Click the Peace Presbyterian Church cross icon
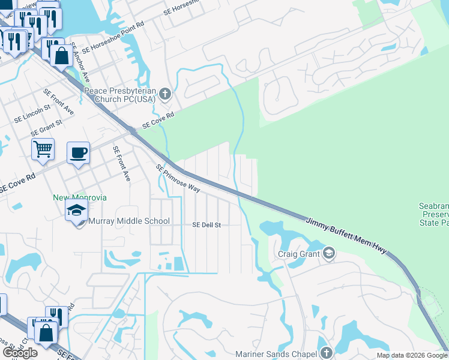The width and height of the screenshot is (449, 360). (x=166, y=93)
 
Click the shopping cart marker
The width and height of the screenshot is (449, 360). (x=43, y=149)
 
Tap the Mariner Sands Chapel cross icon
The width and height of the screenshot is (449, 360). (x=326, y=353)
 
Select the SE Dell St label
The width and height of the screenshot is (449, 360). (x=206, y=225)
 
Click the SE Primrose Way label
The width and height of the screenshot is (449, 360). (x=178, y=178)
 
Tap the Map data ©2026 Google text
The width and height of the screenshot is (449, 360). (x=412, y=355)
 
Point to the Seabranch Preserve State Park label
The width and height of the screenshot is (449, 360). (x=433, y=214)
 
